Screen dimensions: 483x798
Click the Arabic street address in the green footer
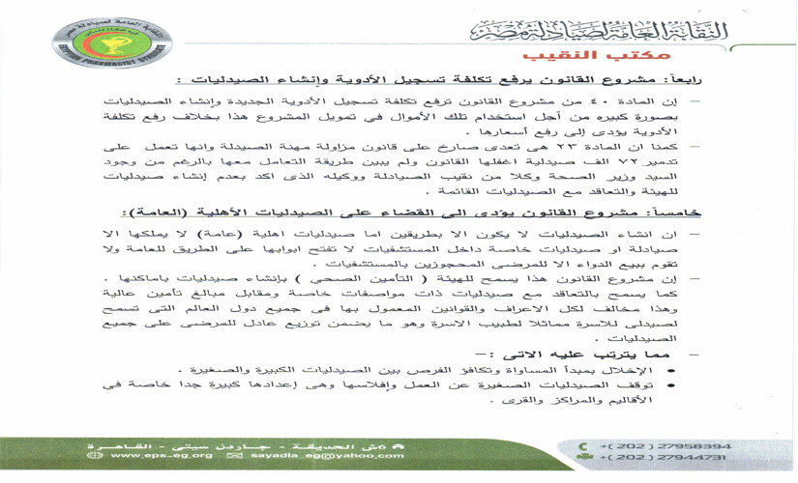click(310, 442)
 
